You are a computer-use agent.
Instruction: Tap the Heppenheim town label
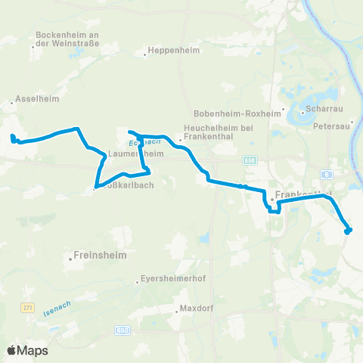coord(170,54)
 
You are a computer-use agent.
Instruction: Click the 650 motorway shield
coord(123,330)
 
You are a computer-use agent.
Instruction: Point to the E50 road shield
coord(250,160)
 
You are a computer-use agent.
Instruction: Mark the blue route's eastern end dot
coord(347,231)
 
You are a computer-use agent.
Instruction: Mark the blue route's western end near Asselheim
coord(12,137)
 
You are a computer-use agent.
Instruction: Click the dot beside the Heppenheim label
coord(144,54)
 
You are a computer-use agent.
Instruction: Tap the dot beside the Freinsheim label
coord(70,259)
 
